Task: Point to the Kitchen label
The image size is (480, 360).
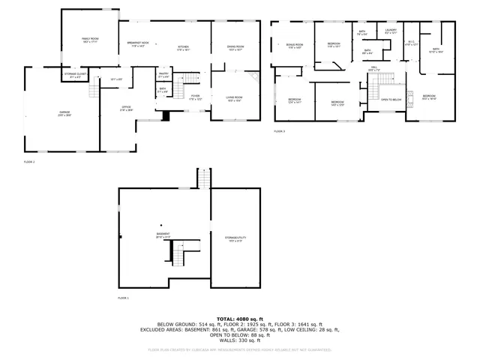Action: pos(183,47)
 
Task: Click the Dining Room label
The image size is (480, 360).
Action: pos(235,47)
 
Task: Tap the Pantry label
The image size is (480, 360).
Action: pos(163,74)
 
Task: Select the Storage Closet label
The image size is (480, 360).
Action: pos(73,74)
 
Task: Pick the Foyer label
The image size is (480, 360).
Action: pos(194,97)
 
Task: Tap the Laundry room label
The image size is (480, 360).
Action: pos(390,31)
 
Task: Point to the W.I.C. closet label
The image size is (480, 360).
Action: pos(409,43)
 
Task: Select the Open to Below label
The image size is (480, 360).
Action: pos(391,99)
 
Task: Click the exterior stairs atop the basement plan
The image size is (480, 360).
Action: pos(203,178)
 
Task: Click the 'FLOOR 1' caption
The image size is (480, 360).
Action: pos(123,298)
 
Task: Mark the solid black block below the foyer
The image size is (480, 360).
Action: pos(166,115)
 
